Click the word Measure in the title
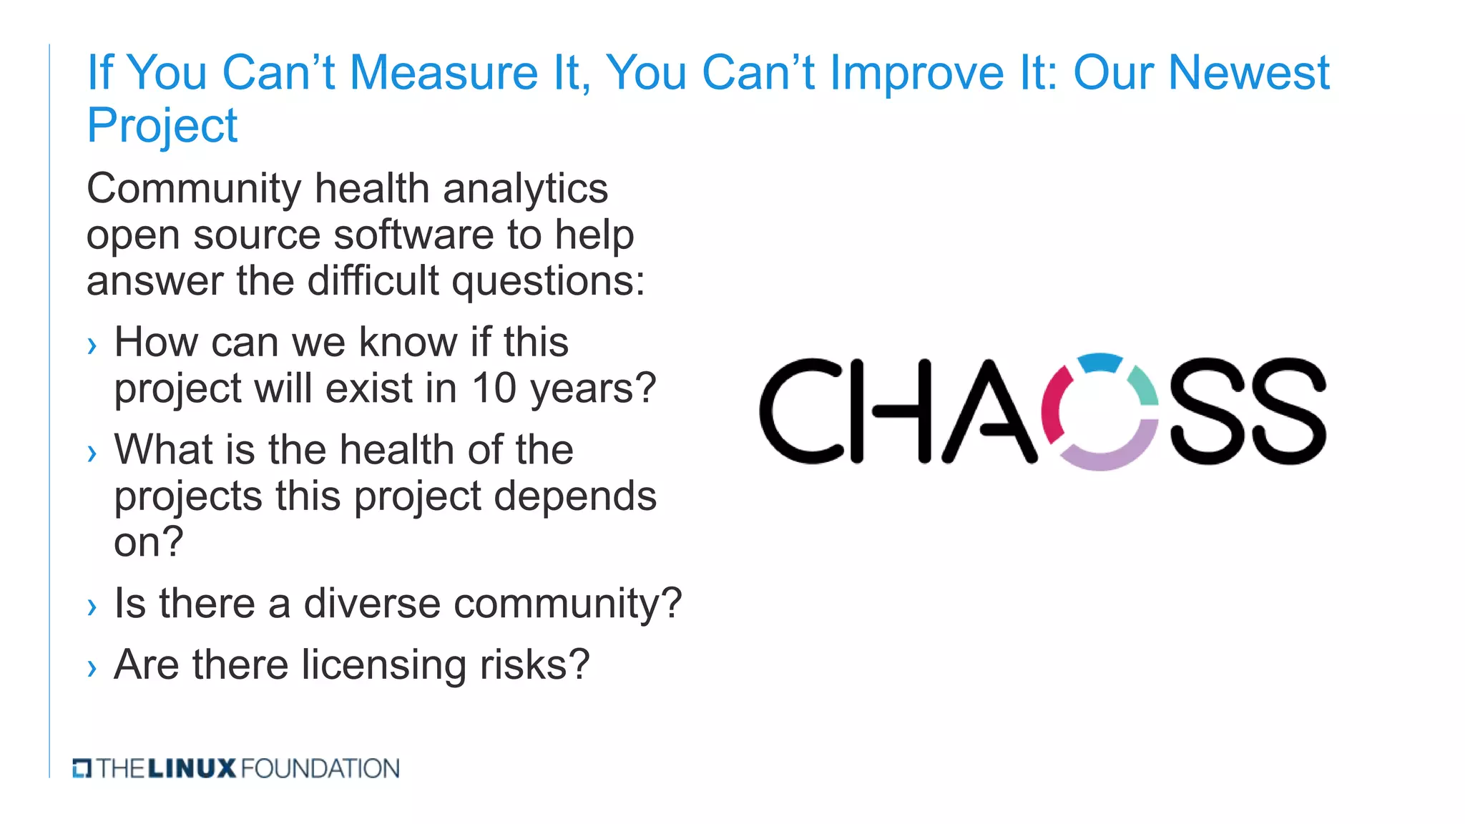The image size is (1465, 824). coord(444,74)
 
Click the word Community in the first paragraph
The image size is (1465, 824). coord(193,190)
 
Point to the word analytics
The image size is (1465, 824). coord(525,190)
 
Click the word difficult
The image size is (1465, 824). coord(373,281)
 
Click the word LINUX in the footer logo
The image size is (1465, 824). coord(192,769)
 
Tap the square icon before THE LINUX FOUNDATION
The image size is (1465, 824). coord(82,769)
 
